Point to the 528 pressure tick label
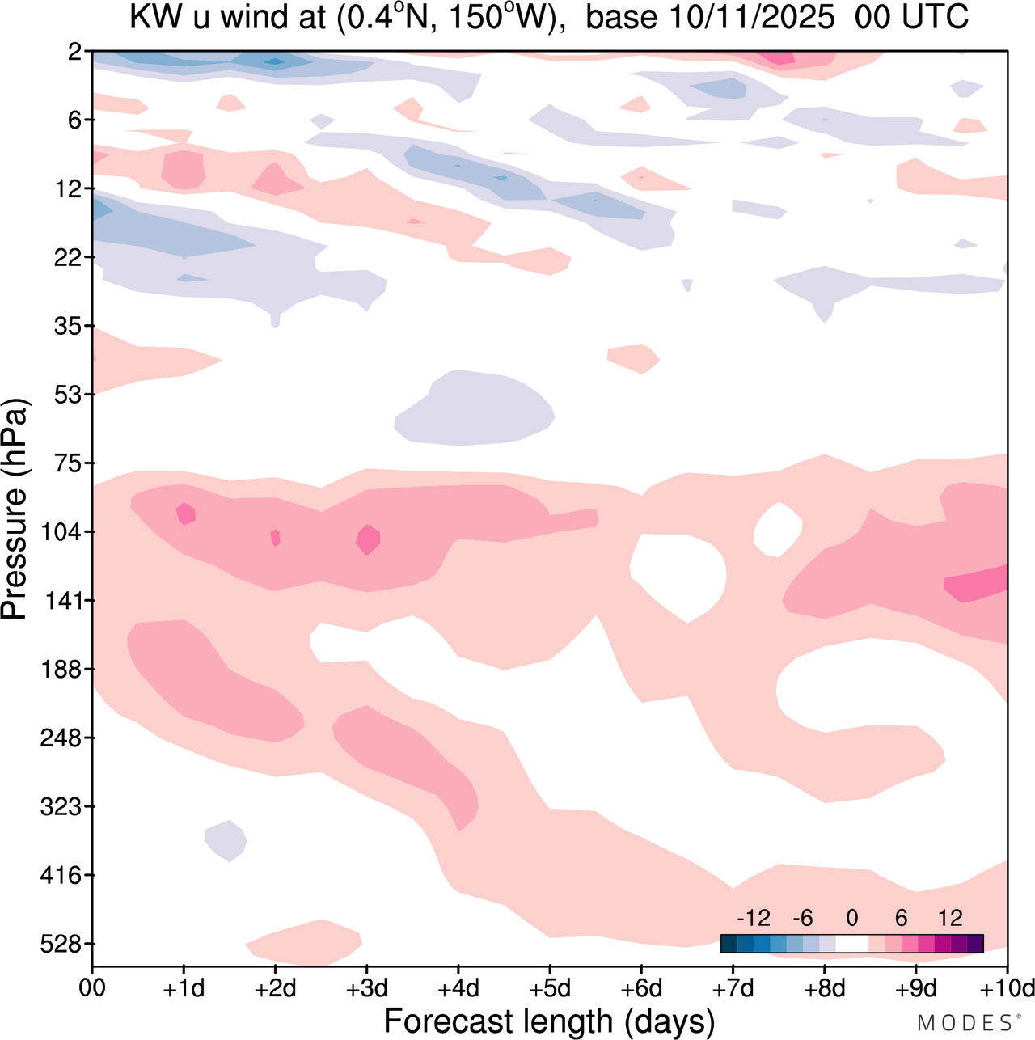pos(61,944)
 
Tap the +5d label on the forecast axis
pos(550,988)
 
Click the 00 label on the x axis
pos(92,988)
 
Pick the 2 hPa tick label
pos(75,52)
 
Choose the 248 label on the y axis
pos(61,738)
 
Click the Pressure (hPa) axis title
pos(15,509)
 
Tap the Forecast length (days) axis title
pos(549,1021)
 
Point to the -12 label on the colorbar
pos(754,918)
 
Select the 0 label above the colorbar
pos(852,918)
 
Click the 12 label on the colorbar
pos(951,918)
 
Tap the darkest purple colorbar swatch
pos(975,944)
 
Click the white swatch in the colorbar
pos(852,944)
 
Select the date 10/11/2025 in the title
pos(751,18)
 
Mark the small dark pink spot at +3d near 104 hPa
pos(368,539)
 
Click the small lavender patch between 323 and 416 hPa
pos(226,840)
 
